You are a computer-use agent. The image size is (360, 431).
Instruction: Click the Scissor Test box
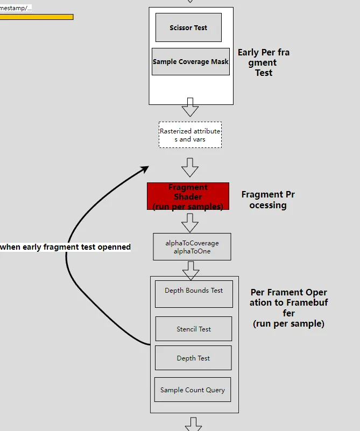(188, 28)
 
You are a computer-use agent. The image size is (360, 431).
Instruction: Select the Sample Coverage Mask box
(190, 62)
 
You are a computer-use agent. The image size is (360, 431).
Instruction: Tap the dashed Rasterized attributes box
(190, 135)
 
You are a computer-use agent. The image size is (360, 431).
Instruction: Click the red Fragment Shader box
(188, 196)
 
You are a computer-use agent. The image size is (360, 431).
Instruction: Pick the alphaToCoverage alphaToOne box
(192, 247)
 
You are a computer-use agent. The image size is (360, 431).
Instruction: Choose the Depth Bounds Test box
(194, 293)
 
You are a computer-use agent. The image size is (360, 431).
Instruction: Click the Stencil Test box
(194, 329)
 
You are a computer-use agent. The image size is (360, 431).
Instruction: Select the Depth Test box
(193, 358)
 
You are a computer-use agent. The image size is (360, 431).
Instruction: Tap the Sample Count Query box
(193, 390)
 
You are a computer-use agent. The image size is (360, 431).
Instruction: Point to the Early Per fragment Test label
(264, 62)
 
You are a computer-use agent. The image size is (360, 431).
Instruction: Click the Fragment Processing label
(268, 200)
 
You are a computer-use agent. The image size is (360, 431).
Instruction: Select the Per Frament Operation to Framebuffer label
(289, 308)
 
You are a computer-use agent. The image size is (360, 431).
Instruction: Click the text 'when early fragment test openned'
(66, 247)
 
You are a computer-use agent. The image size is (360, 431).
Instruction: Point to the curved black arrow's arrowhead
(144, 169)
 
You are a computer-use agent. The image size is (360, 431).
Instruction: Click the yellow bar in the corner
(36, 17)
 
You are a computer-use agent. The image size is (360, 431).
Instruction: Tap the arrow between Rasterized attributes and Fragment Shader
(190, 167)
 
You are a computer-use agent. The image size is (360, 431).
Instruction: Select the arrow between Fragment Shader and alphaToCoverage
(190, 222)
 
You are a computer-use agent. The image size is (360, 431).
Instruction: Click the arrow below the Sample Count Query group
(194, 424)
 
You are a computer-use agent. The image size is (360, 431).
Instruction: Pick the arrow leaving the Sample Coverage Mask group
(190, 107)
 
